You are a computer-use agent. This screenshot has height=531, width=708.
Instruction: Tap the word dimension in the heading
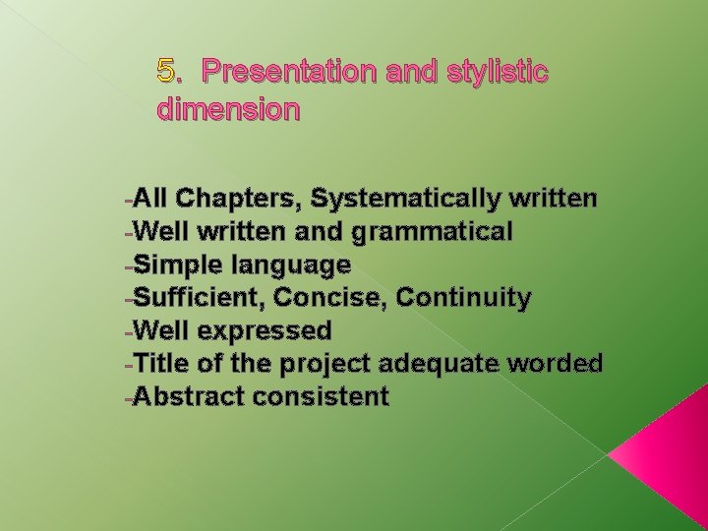pyautogui.click(x=228, y=110)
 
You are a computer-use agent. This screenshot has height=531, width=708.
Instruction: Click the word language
pyautogui.click(x=290, y=265)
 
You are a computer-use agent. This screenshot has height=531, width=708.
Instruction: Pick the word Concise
pyautogui.click(x=323, y=297)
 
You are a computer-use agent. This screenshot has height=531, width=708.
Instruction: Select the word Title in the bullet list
pyautogui.click(x=162, y=363)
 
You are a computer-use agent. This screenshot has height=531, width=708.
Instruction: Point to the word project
pyautogui.click(x=322, y=364)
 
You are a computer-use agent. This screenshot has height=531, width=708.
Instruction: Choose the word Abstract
pyautogui.click(x=187, y=396)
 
